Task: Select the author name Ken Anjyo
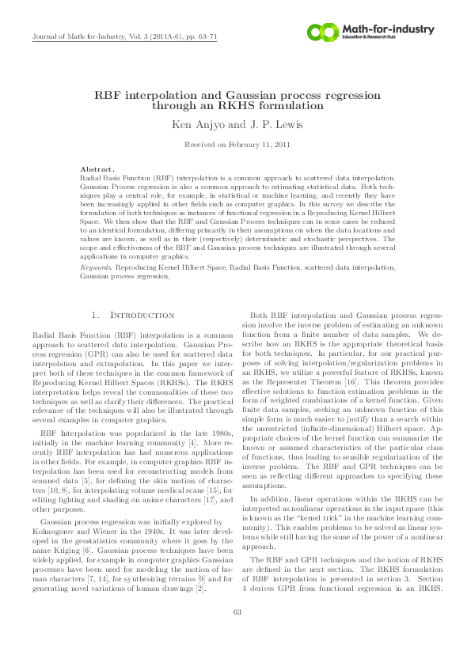(197, 125)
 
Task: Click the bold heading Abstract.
(98, 169)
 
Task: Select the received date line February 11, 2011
(235, 146)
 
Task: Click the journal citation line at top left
(123, 37)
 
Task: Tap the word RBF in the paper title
(111, 94)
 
